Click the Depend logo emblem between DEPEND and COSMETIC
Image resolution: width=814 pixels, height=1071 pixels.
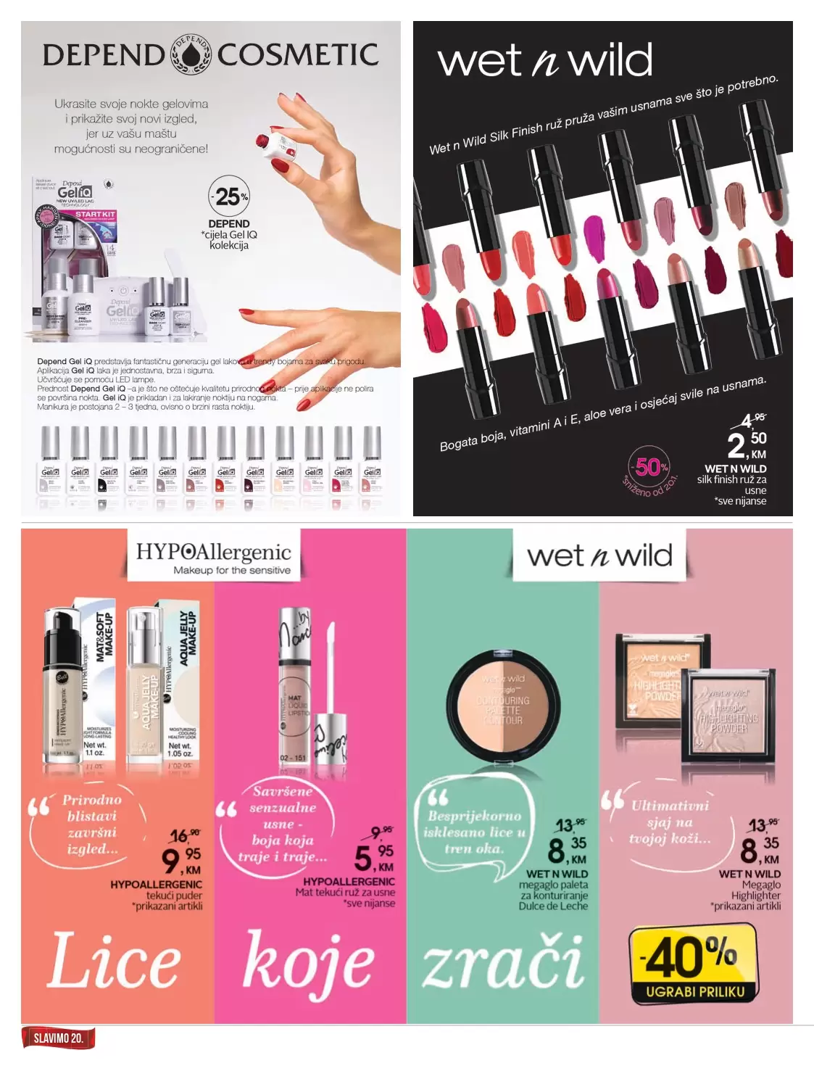coord(191,54)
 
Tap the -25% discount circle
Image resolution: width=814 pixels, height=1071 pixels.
coord(228,196)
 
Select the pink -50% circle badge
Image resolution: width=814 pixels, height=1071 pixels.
coord(650,468)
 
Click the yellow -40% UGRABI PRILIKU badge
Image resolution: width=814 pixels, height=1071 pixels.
coord(694,965)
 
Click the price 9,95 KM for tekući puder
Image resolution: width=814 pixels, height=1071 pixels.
coord(181,860)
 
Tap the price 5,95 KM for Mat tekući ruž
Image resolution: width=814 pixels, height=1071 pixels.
coord(374,857)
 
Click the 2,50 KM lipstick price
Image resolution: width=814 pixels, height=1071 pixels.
coord(747,444)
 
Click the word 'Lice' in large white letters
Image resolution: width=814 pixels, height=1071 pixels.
coord(115,961)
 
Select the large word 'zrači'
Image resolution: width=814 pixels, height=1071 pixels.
coord(503,962)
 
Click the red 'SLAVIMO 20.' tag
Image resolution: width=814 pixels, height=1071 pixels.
coord(59,1038)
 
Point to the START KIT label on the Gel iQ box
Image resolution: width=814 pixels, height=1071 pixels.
coord(95,215)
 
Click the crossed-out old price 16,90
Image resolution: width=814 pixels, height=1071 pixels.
coord(184,836)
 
